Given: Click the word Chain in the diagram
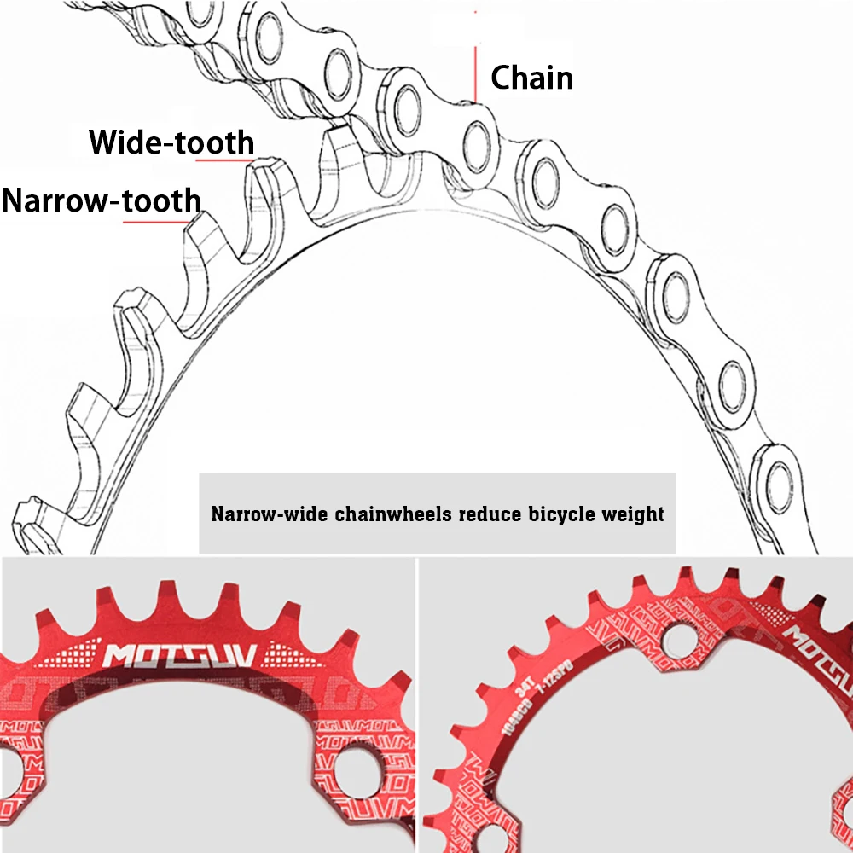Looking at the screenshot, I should pyautogui.click(x=531, y=78).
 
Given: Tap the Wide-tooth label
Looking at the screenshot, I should pyautogui.click(x=171, y=142).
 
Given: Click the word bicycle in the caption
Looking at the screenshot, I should pyautogui.click(x=555, y=514).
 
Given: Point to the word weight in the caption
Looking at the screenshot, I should pyautogui.click(x=631, y=514).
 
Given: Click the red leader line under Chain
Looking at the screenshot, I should pyautogui.click(x=474, y=73).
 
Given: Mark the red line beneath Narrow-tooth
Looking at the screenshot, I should pyautogui.click(x=158, y=222).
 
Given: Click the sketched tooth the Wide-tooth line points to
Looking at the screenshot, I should pyautogui.click(x=266, y=171).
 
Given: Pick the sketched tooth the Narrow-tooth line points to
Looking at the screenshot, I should pyautogui.click(x=202, y=235).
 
